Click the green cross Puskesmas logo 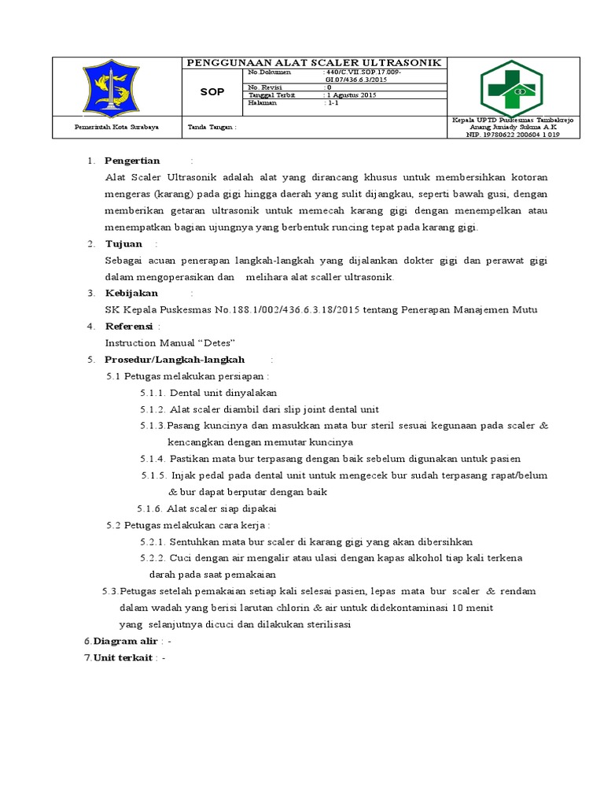512,87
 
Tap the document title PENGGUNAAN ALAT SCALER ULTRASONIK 313,63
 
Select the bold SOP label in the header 212,92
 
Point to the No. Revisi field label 264,87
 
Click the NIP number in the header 513,135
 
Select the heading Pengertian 132,161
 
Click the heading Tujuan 123,244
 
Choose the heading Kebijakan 131,293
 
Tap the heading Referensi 129,326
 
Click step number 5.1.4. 153,459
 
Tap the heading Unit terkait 123,658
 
